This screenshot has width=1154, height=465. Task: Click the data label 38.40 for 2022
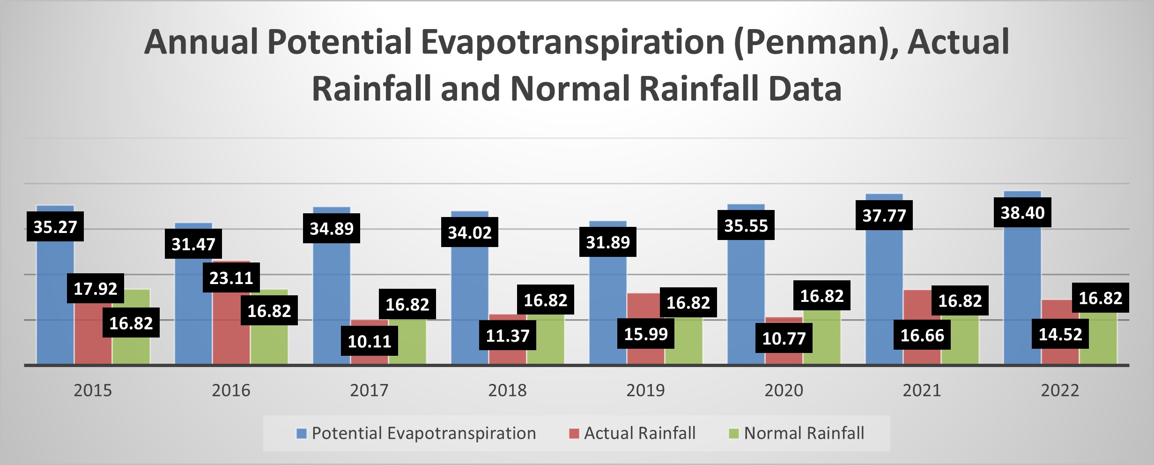(x=1022, y=213)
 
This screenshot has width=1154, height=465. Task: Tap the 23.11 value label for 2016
(x=231, y=278)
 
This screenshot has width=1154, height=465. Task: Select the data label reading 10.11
(x=369, y=341)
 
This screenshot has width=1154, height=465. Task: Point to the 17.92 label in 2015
(x=95, y=289)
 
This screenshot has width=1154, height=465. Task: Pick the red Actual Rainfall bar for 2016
(x=231, y=328)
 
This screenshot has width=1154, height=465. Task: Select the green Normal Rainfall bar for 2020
(x=821, y=337)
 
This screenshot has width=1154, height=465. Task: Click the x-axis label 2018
(x=507, y=390)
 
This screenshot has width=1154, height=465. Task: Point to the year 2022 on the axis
(x=1060, y=390)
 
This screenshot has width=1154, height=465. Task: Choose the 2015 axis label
(x=93, y=390)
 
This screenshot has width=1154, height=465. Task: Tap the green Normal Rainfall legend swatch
(x=733, y=434)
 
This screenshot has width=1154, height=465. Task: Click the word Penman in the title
(x=815, y=42)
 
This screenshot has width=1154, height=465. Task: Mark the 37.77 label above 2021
(x=884, y=216)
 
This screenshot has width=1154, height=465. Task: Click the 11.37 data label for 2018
(x=507, y=336)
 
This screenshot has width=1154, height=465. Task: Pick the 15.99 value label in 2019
(x=645, y=334)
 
